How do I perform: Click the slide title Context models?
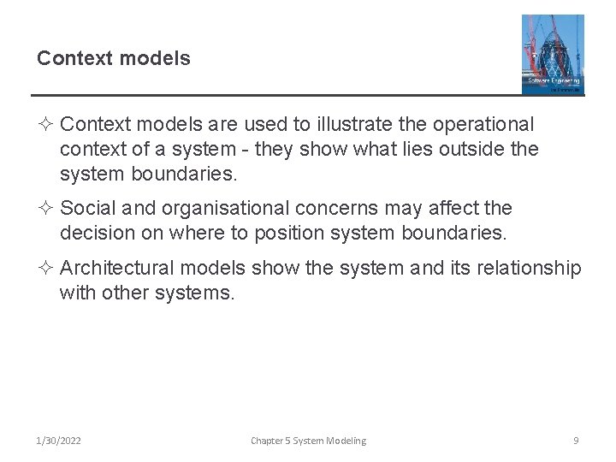pyautogui.click(x=113, y=58)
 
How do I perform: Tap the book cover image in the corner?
pyautogui.click(x=553, y=54)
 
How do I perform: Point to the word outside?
pyautogui.click(x=470, y=150)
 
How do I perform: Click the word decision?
pyautogui.click(x=96, y=233)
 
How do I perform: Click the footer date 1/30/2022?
pyautogui.click(x=59, y=441)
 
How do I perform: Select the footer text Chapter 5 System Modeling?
pyautogui.click(x=308, y=441)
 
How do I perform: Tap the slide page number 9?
pyautogui.click(x=576, y=441)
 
